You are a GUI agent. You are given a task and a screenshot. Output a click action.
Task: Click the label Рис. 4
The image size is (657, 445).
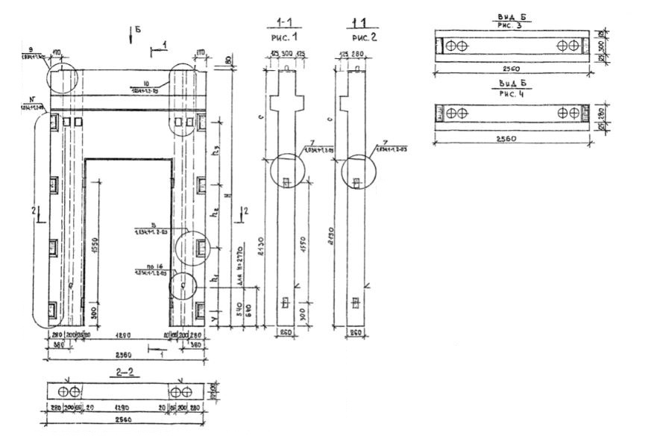click(512, 93)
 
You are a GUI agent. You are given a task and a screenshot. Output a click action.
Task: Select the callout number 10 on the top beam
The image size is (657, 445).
click(147, 83)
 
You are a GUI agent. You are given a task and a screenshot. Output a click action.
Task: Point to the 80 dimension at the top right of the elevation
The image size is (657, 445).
click(228, 60)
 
